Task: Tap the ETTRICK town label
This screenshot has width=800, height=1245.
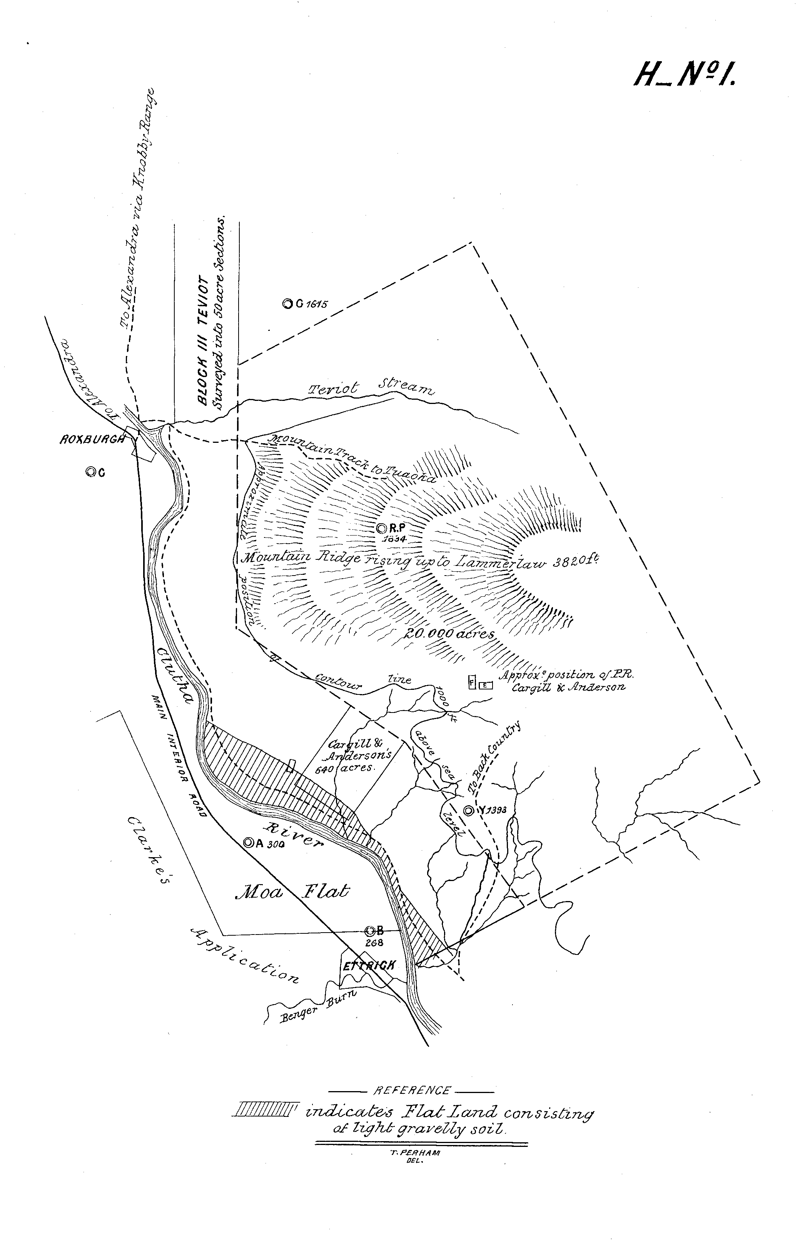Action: [368, 965]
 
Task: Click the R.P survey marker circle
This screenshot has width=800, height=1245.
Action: [381, 528]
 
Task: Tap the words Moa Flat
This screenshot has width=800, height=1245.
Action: [292, 892]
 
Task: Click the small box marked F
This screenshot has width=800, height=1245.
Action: [472, 682]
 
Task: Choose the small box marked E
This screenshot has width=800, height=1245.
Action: [485, 685]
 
